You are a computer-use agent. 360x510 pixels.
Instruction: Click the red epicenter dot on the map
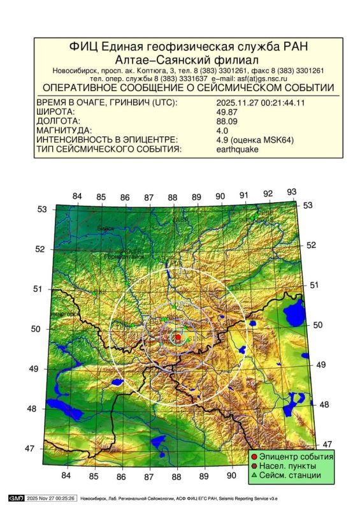tap(178, 337)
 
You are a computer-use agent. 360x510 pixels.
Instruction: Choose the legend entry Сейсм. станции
tap(292, 476)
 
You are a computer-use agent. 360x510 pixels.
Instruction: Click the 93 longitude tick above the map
tap(292, 192)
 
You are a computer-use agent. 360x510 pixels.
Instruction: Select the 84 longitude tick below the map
tap(66, 476)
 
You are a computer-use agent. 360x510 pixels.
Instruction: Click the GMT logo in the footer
tap(15, 497)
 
